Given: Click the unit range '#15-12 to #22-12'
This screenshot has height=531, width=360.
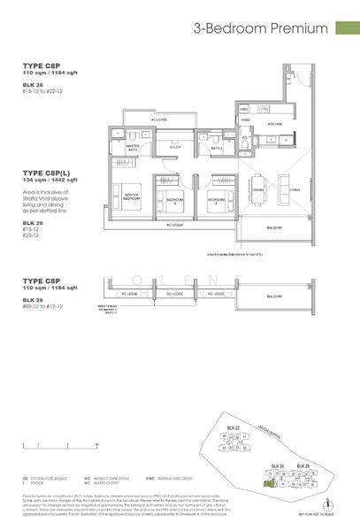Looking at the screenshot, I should (42, 89).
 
